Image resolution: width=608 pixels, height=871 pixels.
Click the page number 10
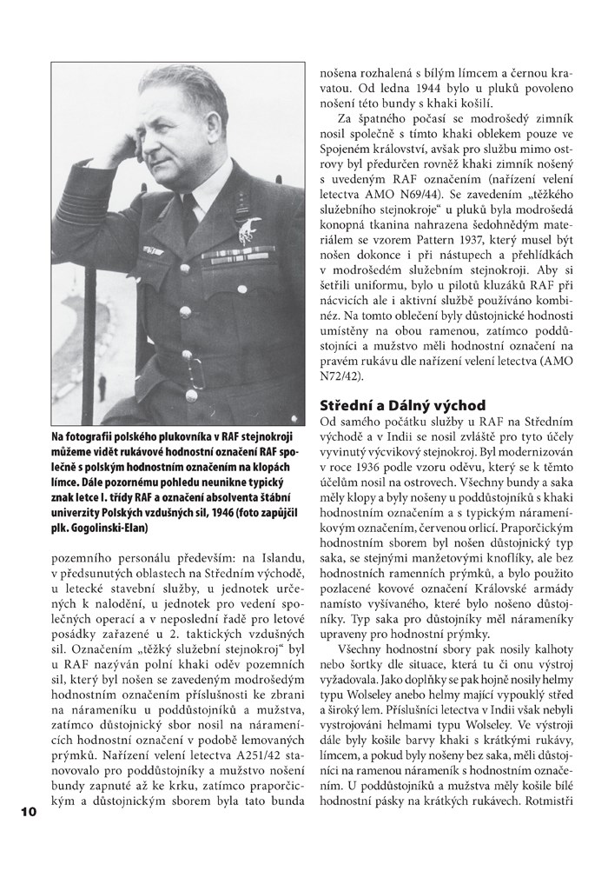point(23,813)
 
